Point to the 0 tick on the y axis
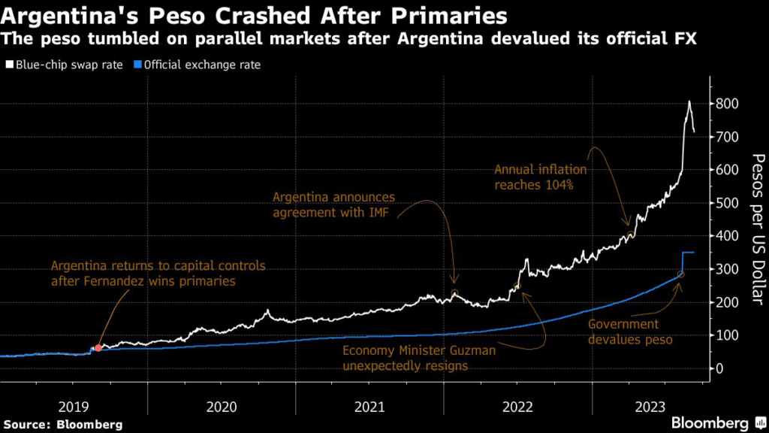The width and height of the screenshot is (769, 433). tap(720, 368)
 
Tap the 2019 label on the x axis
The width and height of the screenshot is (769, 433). tap(74, 407)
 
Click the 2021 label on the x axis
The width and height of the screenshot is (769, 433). tap(369, 407)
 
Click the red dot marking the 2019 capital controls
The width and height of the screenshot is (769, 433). tap(98, 348)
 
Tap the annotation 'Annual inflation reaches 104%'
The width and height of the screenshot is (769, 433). tap(540, 177)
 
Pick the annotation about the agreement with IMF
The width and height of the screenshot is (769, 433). tap(333, 205)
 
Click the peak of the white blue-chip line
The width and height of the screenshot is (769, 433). tap(689, 101)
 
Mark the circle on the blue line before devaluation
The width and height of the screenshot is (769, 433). tap(680, 274)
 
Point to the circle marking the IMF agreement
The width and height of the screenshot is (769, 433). tap(454, 293)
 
